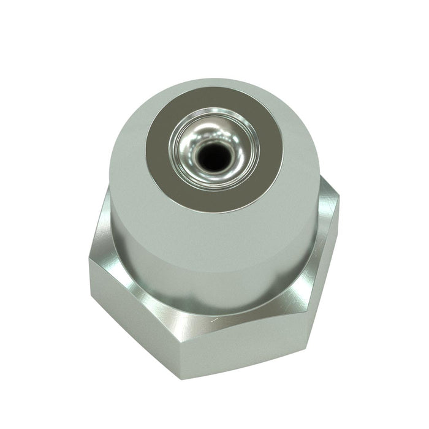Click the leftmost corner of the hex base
pyautogui.click(x=88, y=260)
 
